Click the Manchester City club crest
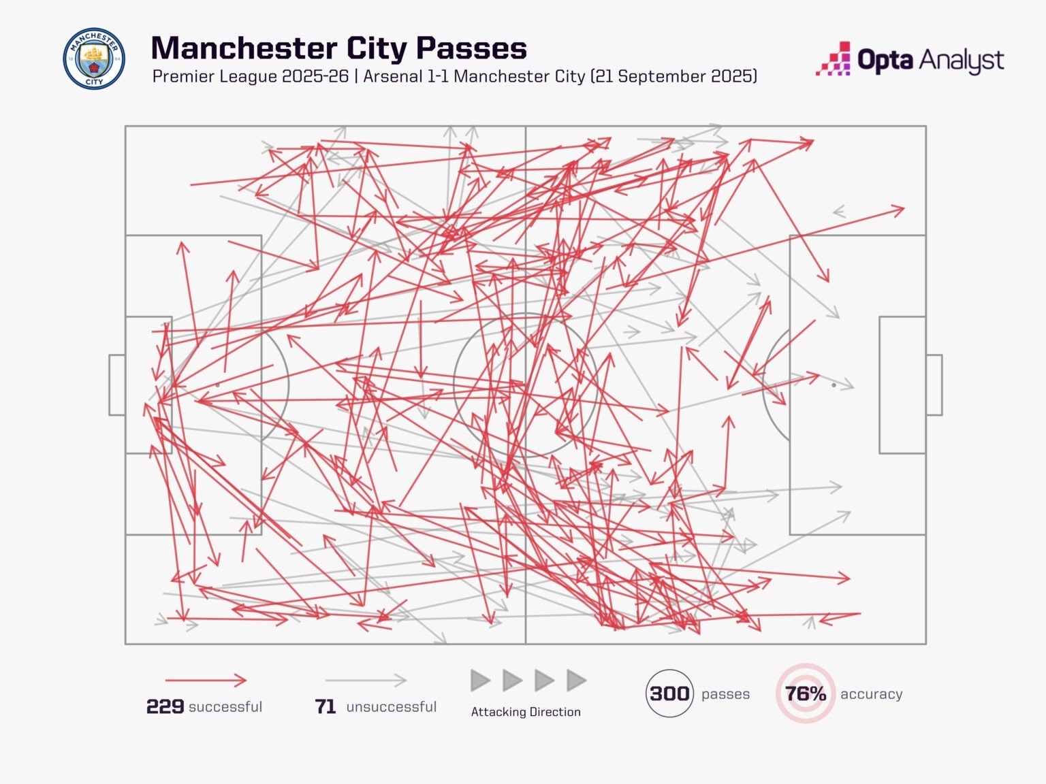(94, 59)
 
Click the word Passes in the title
(471, 48)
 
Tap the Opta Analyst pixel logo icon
(834, 59)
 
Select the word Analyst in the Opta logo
(962, 61)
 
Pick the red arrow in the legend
(206, 680)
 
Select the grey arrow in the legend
(366, 680)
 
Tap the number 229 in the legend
(165, 707)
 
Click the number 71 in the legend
(326, 707)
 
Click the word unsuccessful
(391, 707)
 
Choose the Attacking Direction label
(526, 712)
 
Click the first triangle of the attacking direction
(480, 680)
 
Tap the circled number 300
(669, 693)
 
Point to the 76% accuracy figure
(806, 693)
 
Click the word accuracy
(871, 694)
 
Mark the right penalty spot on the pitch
(834, 385)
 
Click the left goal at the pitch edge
(117, 385)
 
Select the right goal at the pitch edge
(934, 385)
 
